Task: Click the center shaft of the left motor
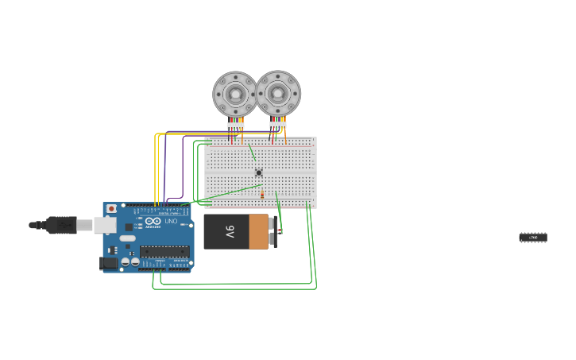235,94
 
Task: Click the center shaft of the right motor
278,93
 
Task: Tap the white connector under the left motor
235,125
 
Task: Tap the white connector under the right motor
277,124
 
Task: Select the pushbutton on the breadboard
258,172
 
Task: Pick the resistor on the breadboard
262,195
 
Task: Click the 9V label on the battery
230,231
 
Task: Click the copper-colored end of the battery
259,231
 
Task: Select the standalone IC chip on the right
533,238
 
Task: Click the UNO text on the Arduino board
171,221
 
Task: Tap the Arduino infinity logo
153,221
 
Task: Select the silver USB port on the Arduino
104,225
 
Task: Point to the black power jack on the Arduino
108,263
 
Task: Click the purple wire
184,167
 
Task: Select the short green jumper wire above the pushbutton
252,152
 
